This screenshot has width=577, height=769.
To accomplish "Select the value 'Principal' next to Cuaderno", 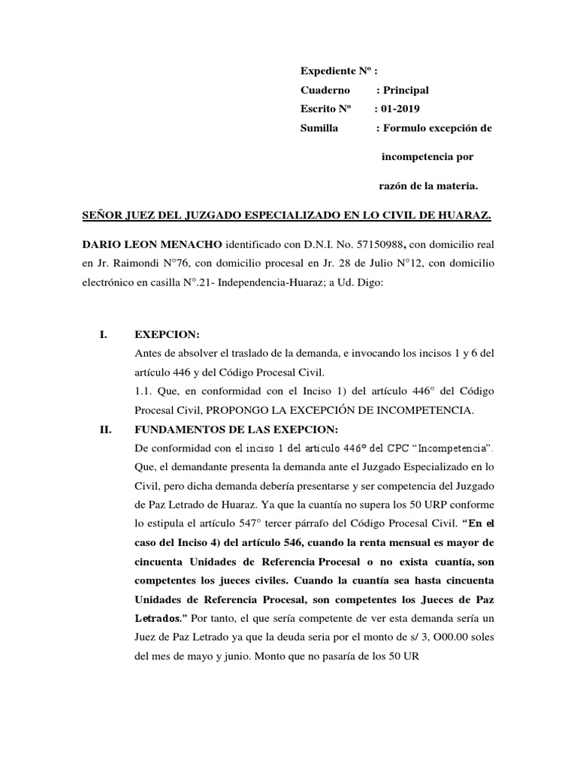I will [406, 90].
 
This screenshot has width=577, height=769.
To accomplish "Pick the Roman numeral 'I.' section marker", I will [104, 334].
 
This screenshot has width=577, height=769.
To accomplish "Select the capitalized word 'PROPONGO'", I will [237, 411].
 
